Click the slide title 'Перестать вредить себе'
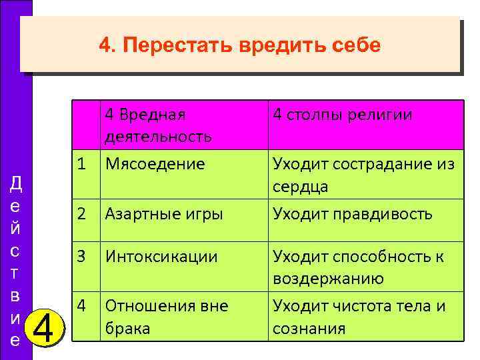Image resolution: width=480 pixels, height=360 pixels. (x=239, y=45)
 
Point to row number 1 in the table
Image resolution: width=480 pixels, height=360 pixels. (x=81, y=163)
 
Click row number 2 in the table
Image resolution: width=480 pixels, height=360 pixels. (x=81, y=214)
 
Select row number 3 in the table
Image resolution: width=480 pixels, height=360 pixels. (x=81, y=257)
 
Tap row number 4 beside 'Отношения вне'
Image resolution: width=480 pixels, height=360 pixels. (x=81, y=306)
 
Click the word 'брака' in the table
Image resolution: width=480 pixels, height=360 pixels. (x=127, y=329)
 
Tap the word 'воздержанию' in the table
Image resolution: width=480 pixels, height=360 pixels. (x=327, y=279)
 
